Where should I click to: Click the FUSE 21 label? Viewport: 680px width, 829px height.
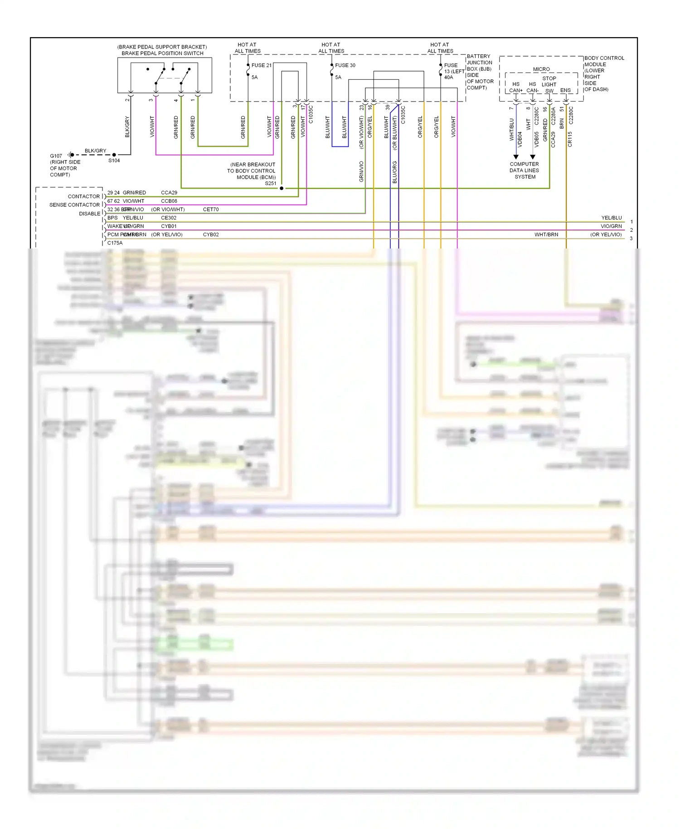click(262, 65)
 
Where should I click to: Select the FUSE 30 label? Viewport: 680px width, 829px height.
click(345, 65)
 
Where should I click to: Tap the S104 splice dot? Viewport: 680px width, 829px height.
click(114, 155)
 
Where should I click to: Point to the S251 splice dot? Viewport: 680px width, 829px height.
click(282, 188)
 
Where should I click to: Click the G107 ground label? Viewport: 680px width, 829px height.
click(56, 156)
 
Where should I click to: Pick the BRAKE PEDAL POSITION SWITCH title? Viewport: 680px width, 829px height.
click(162, 53)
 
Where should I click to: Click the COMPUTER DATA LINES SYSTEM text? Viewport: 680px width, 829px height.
click(525, 171)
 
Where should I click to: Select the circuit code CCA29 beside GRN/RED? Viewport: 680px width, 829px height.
click(169, 193)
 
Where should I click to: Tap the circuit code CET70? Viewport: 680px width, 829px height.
click(211, 210)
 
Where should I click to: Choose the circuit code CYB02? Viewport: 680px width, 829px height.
click(211, 234)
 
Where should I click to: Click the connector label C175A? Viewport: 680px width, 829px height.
click(115, 243)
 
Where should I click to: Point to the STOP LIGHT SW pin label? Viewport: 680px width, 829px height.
click(549, 84)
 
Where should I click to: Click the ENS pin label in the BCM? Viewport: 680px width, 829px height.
click(565, 90)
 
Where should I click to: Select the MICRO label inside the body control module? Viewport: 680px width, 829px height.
click(541, 69)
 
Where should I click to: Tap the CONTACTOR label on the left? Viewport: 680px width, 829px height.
click(84, 196)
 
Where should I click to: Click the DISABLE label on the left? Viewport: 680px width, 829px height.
click(90, 214)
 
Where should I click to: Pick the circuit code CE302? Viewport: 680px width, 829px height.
click(169, 218)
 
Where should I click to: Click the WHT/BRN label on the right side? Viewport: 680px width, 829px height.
click(546, 234)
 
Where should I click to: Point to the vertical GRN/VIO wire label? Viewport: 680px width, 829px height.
click(361, 172)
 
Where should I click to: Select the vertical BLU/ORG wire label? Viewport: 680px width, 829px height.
click(394, 172)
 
